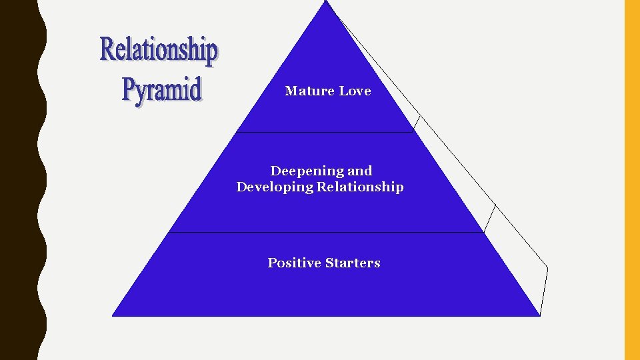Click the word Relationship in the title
pos(159,50)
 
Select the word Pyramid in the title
pos(161,90)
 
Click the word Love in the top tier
pos(355,91)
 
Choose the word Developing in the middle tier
pos(275,187)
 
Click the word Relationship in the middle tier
pos(360,187)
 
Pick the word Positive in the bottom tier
pos(294,263)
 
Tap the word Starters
pos(353,263)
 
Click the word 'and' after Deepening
pos(359,171)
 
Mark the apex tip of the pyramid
pos(326,2)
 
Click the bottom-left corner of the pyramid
pos(113,315)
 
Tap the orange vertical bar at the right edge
pos(631,180)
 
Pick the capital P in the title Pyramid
pos(129,90)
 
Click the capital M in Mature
pos(291,91)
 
